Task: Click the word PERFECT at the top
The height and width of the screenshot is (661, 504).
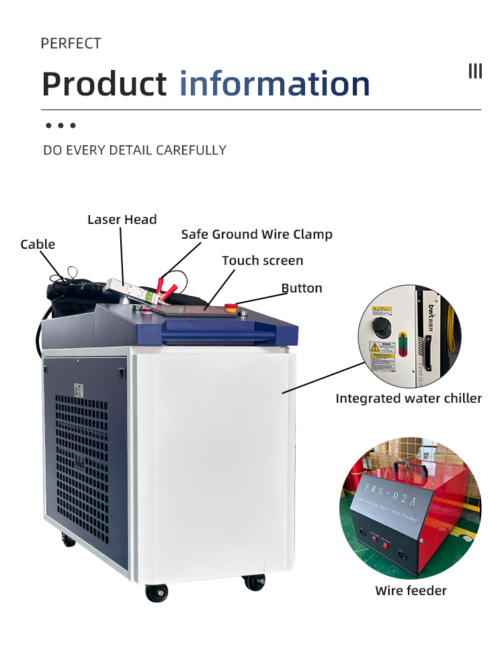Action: pos(71,44)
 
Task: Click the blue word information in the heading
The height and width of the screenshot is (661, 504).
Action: pos(275,83)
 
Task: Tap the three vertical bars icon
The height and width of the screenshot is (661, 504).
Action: pos(475,71)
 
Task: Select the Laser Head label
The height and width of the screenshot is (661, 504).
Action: pos(122,219)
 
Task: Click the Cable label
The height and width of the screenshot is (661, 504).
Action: pos(38,244)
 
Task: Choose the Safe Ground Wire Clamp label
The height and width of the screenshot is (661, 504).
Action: pos(257,234)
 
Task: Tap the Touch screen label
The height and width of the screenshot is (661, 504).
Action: pos(262,260)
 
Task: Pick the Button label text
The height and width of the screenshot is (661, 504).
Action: pos(302,288)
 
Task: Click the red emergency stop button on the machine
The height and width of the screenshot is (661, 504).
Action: pos(230,308)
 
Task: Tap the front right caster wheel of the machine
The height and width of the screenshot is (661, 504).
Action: pos(254,582)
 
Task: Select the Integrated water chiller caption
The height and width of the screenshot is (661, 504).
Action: pos(409,398)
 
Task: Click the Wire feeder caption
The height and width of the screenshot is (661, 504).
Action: pos(411,590)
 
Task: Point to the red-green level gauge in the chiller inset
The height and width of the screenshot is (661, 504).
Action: pos(403,342)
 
